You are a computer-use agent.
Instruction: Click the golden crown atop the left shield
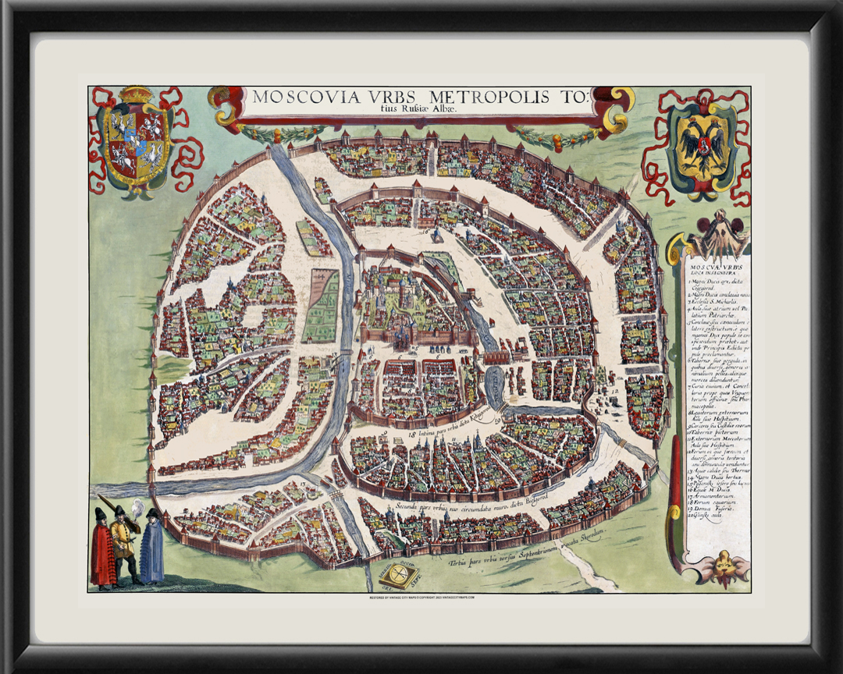(x=137, y=95)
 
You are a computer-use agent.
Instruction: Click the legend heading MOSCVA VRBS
(x=711, y=264)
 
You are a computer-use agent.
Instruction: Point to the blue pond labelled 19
(x=495, y=382)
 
